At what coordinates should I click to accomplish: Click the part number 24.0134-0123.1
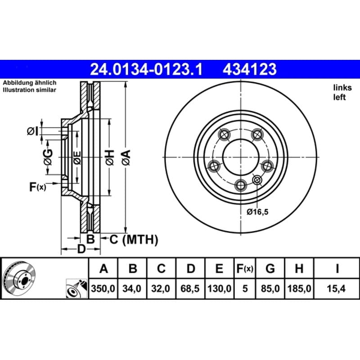(x=146, y=69)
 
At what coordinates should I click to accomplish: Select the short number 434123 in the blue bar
(x=250, y=69)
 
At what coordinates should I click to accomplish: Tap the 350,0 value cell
(x=103, y=288)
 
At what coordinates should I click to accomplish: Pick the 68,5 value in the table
(x=190, y=288)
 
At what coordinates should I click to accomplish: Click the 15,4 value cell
(x=336, y=288)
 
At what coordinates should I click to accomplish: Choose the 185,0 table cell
(x=299, y=288)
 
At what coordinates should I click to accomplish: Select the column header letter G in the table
(x=270, y=268)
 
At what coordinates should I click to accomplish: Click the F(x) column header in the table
(x=245, y=268)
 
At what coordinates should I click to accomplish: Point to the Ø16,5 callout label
(x=257, y=211)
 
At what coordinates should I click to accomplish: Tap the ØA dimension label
(x=126, y=157)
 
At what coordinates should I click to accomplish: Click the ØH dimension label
(x=110, y=157)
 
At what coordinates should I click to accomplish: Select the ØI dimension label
(x=33, y=131)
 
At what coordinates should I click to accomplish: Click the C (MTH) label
(x=134, y=239)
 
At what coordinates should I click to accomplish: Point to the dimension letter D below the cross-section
(x=81, y=249)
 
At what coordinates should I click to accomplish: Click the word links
(x=342, y=88)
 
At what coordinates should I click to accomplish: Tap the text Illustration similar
(x=29, y=90)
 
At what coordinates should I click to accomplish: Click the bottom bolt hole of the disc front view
(x=241, y=185)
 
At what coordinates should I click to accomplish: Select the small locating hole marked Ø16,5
(x=256, y=180)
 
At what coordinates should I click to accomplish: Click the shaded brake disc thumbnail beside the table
(x=19, y=278)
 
